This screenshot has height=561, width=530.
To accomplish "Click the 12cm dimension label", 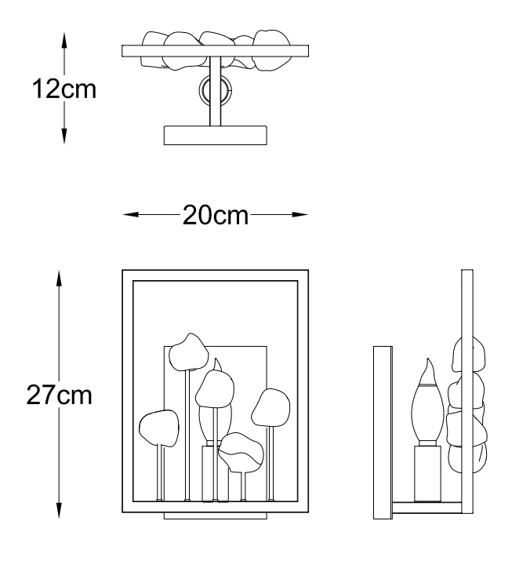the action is pos(64,89).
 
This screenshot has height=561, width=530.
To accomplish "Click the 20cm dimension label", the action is pos(216,215).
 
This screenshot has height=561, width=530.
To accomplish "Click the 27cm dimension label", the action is pos(60,395).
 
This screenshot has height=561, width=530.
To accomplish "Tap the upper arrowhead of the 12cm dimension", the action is pos(64,41).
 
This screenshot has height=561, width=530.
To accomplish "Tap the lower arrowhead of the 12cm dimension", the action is pos(64,136).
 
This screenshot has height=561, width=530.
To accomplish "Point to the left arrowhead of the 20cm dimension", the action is pos(130,215).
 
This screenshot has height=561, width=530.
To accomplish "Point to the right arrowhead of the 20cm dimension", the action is pos(300,215).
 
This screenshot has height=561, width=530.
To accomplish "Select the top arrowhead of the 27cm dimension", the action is pos(59,279).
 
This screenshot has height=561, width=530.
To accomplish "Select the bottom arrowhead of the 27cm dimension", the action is pos(59,511).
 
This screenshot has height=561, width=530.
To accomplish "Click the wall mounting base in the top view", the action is pos(216,135).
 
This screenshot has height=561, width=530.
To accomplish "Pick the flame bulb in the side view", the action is pos(427,400).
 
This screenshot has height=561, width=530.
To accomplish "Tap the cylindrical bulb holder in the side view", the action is pos(427,474).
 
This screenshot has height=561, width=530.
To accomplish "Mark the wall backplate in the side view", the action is pos(383,432).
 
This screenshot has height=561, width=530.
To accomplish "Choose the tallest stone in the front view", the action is pos(188,352).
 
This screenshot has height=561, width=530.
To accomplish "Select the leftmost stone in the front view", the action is pos(159,428).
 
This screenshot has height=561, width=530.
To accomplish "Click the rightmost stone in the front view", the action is pos(270,408).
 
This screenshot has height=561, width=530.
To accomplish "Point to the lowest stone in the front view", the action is pos(241,452).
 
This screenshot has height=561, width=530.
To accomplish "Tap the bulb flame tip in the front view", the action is pos(216,359).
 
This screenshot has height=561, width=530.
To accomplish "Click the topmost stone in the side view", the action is pos(469,354).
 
